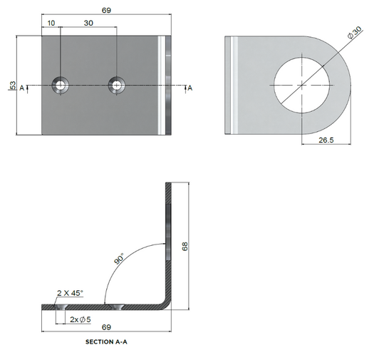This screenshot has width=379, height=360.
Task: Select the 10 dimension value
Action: click(51, 23)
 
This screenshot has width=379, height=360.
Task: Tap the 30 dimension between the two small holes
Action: click(88, 23)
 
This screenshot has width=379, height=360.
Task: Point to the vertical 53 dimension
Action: click(12, 85)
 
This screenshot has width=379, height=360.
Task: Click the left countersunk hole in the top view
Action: click(61, 86)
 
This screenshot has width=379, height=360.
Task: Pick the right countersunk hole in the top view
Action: click(117, 86)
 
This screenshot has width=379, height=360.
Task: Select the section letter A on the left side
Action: click(22, 87)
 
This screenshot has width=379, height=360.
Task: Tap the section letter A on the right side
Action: click(189, 87)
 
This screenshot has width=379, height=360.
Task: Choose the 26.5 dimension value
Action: click(327, 141)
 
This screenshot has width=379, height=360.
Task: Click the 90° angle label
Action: click(118, 258)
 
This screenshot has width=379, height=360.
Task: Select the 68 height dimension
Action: click(185, 246)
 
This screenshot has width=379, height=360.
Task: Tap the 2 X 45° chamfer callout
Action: click(70, 292)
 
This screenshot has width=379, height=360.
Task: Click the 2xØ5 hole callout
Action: click(80, 319)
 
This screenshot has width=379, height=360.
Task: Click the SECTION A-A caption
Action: click(107, 342)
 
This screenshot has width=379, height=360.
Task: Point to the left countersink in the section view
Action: click(61, 307)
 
